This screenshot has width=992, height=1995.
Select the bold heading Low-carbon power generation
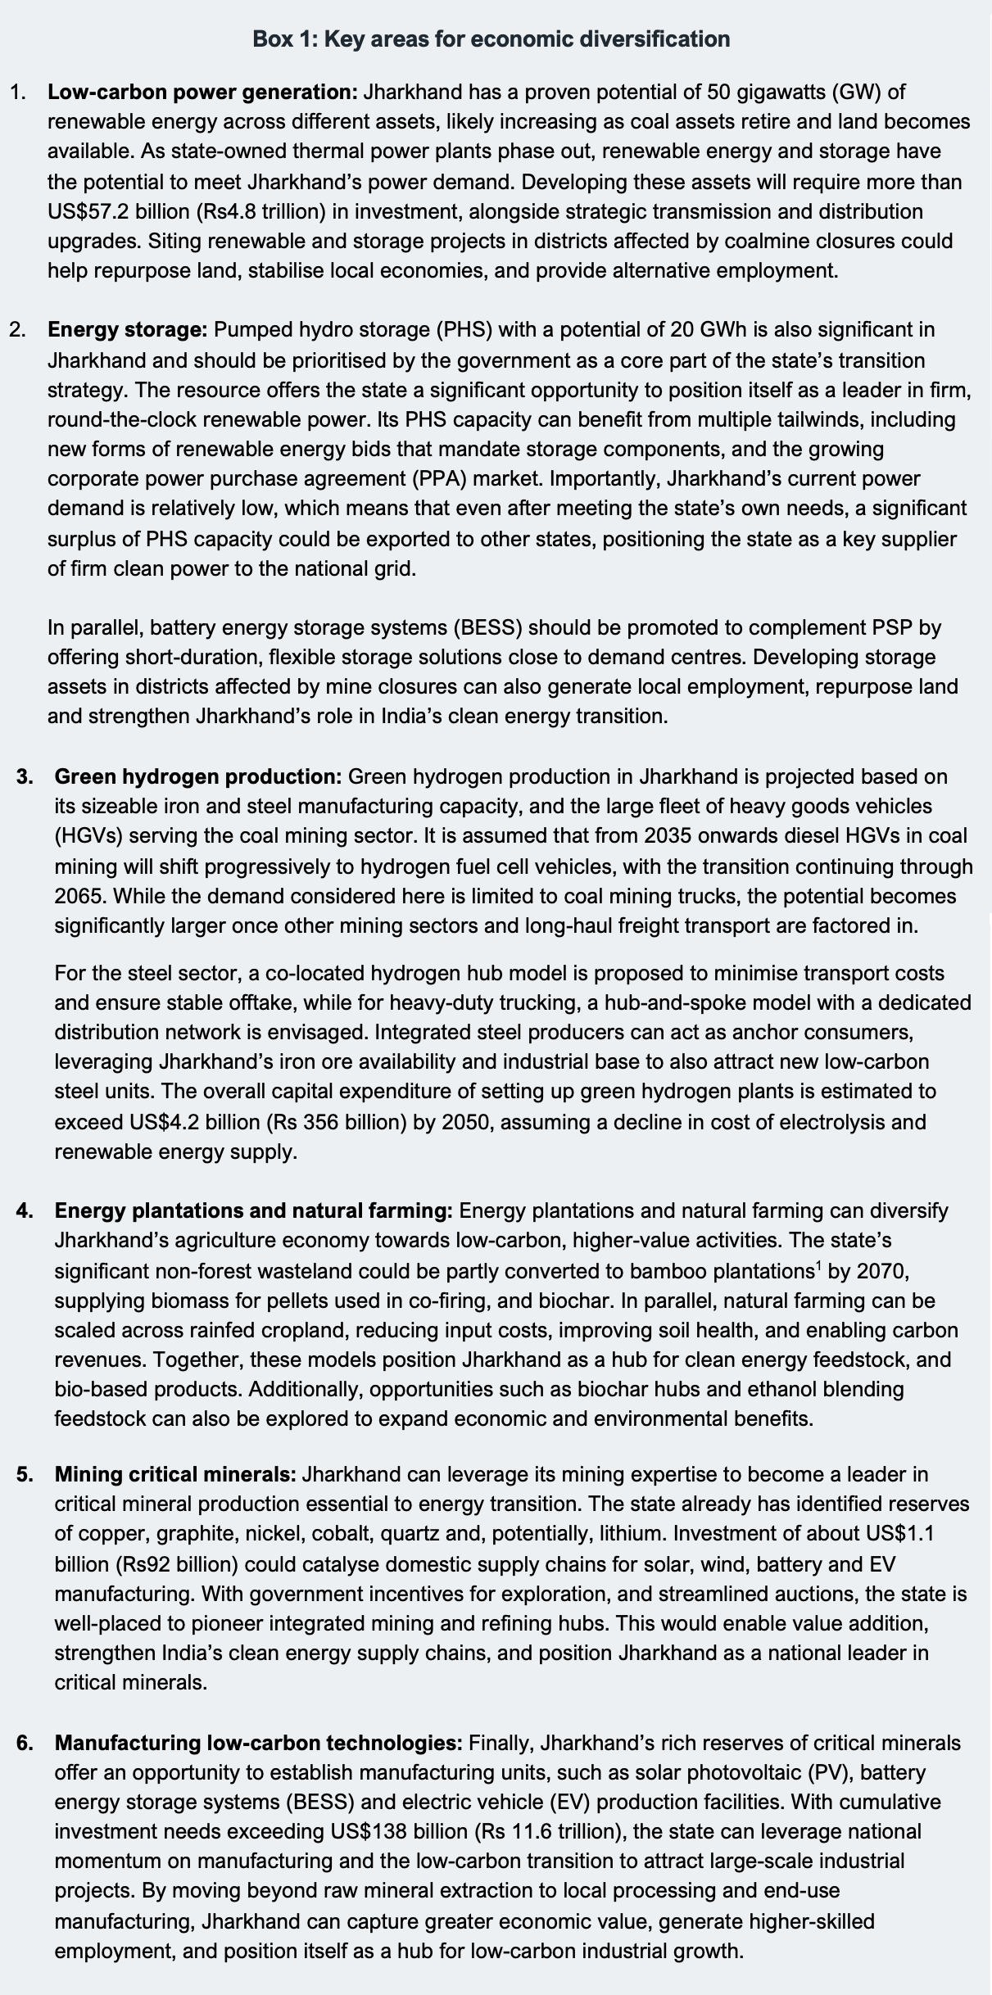(202, 92)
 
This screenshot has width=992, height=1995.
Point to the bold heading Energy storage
(127, 329)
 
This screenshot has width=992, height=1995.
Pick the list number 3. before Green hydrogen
(25, 776)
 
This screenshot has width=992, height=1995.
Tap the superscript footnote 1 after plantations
(818, 1266)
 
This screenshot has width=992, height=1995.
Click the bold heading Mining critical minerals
(175, 1474)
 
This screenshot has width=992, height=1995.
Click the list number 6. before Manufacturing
(25, 1743)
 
